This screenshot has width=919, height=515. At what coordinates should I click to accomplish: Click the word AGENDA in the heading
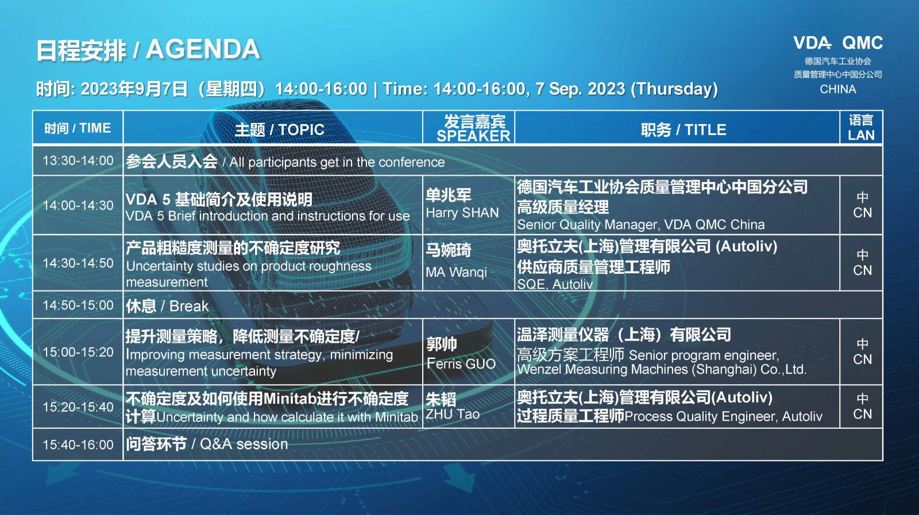(x=203, y=49)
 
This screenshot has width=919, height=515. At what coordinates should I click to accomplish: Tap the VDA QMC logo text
(x=838, y=43)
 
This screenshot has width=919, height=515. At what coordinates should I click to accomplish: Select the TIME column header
(x=78, y=129)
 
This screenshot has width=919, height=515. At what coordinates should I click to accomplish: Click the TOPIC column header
(x=279, y=130)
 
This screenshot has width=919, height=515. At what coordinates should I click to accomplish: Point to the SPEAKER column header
(x=473, y=135)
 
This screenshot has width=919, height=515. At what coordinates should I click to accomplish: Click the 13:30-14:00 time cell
(x=78, y=160)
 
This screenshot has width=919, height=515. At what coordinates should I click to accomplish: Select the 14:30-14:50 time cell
(x=78, y=263)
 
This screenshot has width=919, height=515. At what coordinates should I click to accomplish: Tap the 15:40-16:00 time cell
(x=78, y=444)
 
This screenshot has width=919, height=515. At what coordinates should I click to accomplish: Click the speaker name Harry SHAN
(x=462, y=213)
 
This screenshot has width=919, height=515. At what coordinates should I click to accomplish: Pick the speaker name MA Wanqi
(x=456, y=272)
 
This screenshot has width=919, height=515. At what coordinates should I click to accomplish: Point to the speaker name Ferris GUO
(x=461, y=363)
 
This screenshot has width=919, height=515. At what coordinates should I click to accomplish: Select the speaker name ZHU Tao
(x=453, y=414)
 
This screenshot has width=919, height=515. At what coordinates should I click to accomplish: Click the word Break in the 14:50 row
(x=189, y=306)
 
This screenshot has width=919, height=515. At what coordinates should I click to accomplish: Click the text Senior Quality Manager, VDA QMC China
(x=641, y=224)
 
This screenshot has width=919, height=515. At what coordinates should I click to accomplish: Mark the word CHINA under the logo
(x=838, y=90)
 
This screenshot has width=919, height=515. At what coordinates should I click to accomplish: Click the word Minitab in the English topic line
(x=396, y=417)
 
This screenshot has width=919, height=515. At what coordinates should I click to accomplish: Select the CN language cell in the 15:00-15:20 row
(x=862, y=352)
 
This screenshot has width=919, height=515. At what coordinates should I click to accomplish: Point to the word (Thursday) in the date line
(x=674, y=89)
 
